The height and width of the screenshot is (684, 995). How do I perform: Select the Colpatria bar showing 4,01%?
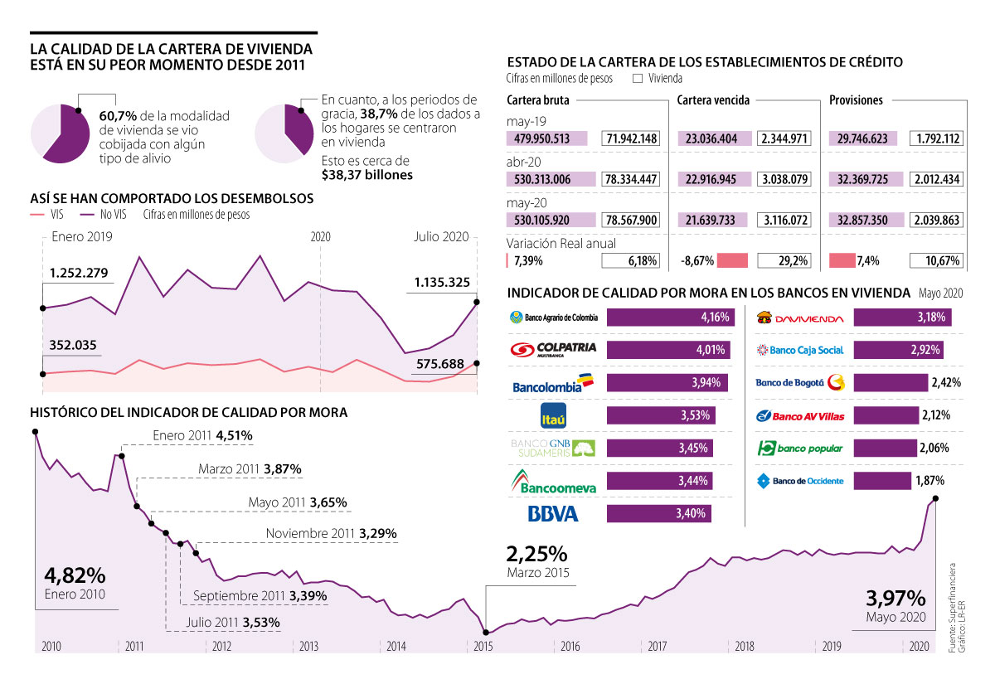tap(668, 350)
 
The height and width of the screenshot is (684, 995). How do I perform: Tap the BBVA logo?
tap(553, 514)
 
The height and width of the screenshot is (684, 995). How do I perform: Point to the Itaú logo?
tap(553, 415)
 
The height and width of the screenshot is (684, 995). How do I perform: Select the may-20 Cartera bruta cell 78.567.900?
tap(631, 220)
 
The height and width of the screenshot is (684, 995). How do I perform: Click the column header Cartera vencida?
tap(713, 100)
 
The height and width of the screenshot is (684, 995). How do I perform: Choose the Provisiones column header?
tap(856, 100)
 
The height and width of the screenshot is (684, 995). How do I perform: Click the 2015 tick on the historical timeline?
tap(484, 646)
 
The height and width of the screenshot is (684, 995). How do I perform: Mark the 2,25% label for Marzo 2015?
tap(536, 554)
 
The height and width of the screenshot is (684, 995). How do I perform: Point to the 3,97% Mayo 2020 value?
tap(895, 599)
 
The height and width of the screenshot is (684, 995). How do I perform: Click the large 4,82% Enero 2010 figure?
tap(75, 575)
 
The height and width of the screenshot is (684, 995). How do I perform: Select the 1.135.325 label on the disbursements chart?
tap(442, 282)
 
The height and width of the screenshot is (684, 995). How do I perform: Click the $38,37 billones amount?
tap(366, 175)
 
